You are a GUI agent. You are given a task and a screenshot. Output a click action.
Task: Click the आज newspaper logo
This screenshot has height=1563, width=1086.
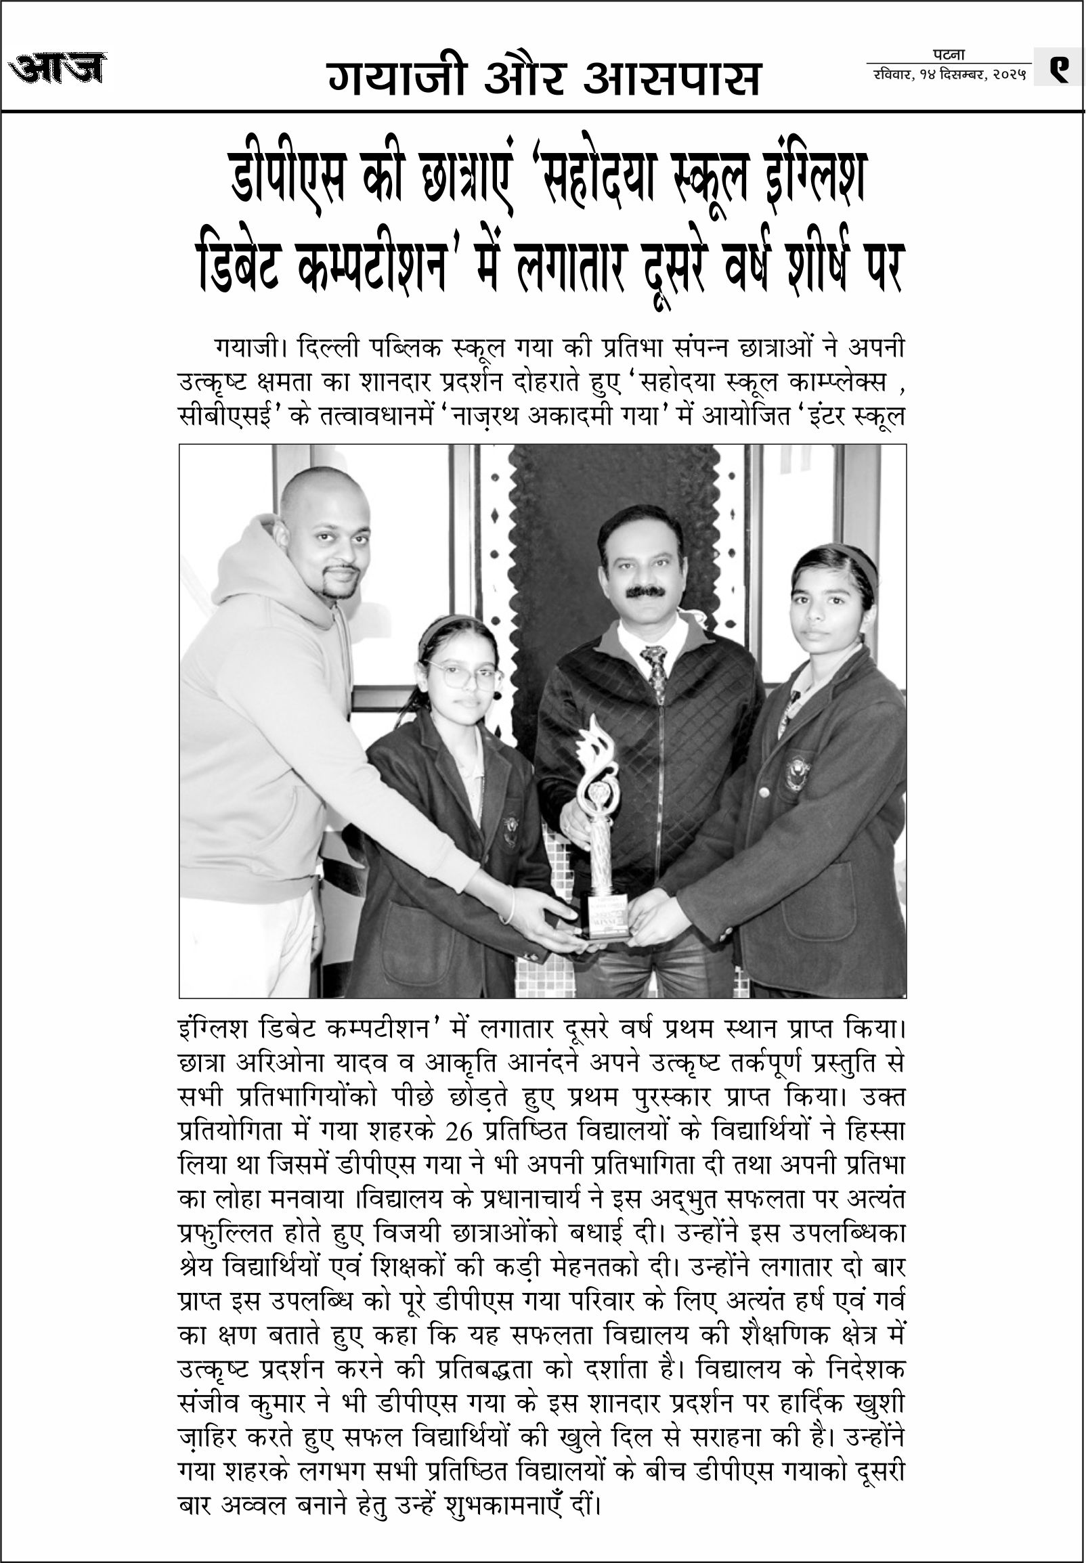click(58, 68)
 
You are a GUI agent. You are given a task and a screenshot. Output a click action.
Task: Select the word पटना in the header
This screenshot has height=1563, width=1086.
click(949, 55)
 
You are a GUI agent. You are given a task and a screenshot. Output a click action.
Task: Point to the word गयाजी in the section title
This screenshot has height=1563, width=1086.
click(397, 79)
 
